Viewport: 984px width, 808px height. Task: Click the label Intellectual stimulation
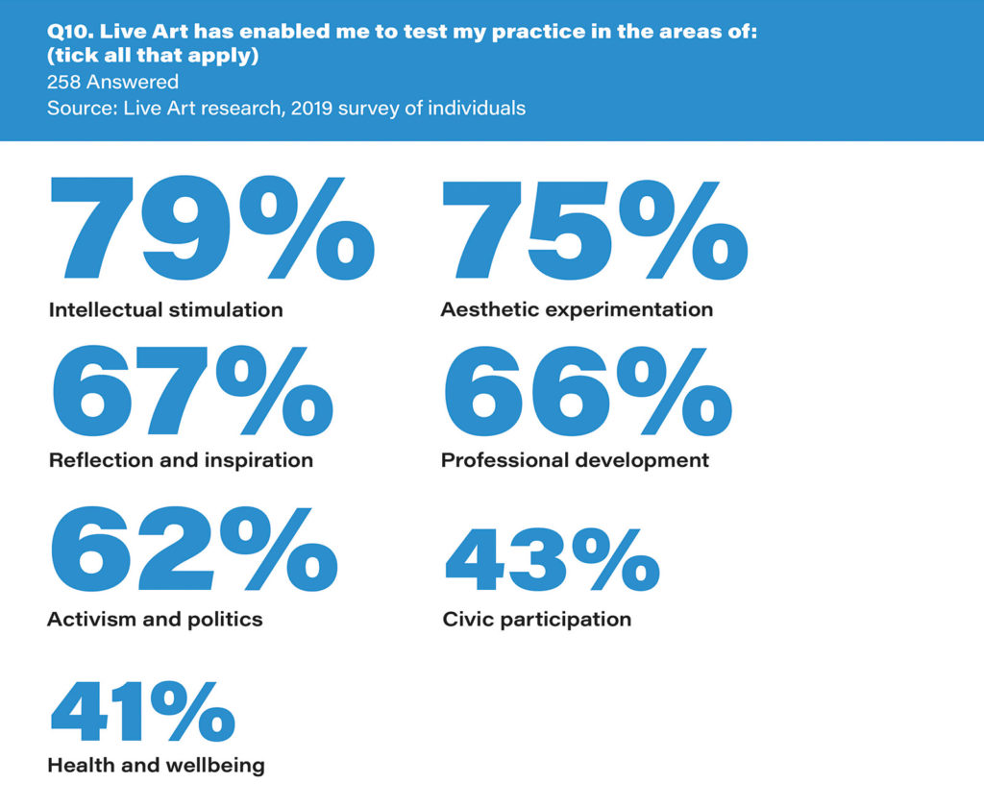coord(165,309)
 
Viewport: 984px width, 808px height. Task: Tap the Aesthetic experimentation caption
coord(577,309)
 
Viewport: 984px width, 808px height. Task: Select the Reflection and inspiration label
coord(181,460)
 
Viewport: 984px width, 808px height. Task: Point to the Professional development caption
coord(575,460)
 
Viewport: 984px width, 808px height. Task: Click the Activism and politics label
coord(155,619)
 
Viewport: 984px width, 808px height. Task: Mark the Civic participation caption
coord(536,619)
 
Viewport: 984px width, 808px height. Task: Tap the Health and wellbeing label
coord(156,766)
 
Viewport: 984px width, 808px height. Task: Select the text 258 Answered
coord(112,82)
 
